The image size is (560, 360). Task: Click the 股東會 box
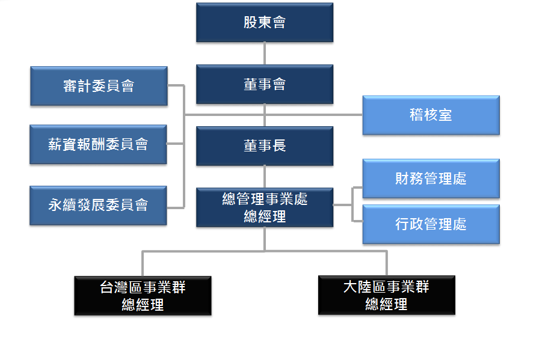265,22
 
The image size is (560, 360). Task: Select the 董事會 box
265,85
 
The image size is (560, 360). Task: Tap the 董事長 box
265,145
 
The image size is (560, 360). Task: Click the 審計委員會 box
99,86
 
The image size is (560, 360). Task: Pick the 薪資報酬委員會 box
98,144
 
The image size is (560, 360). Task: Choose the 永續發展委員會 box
98,205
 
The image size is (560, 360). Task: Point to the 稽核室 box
431,115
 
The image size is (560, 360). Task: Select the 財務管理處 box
431,178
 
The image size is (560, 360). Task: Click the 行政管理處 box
431,224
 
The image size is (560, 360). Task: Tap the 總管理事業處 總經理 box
265,207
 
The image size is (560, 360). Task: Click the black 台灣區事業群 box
143,295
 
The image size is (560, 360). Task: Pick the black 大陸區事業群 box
386,295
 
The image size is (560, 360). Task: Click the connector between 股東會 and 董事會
265,53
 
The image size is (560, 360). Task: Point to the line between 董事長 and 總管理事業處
265,177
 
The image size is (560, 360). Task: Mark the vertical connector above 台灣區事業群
143,263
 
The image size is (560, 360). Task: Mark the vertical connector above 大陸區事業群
386,263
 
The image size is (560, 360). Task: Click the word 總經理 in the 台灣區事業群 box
143,305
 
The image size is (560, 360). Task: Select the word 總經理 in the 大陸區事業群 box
386,305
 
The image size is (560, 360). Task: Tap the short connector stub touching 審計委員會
175,85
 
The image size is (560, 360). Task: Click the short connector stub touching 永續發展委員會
175,207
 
